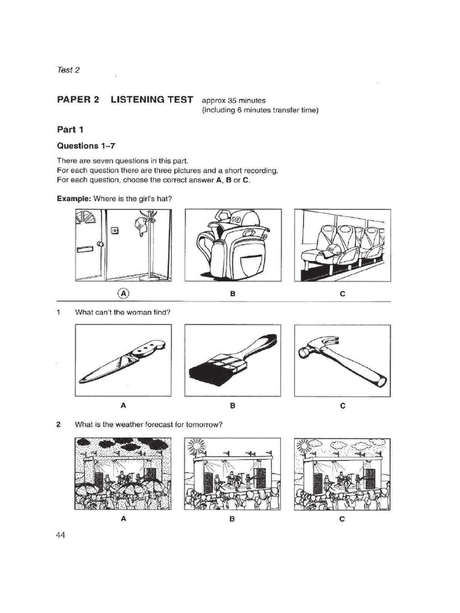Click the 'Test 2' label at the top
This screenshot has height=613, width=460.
[x=68, y=69]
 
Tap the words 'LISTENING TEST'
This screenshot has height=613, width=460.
[x=152, y=100]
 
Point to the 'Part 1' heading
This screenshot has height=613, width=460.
[x=69, y=129]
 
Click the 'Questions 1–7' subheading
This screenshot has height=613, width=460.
[x=85, y=145]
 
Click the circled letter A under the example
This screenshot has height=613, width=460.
[x=123, y=293]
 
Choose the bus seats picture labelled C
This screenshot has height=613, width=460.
[x=342, y=245]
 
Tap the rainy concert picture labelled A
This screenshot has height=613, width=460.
[x=123, y=474]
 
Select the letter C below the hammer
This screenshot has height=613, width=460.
[x=343, y=405]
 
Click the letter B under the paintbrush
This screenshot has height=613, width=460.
[x=232, y=405]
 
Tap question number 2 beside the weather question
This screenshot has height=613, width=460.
[x=59, y=425]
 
